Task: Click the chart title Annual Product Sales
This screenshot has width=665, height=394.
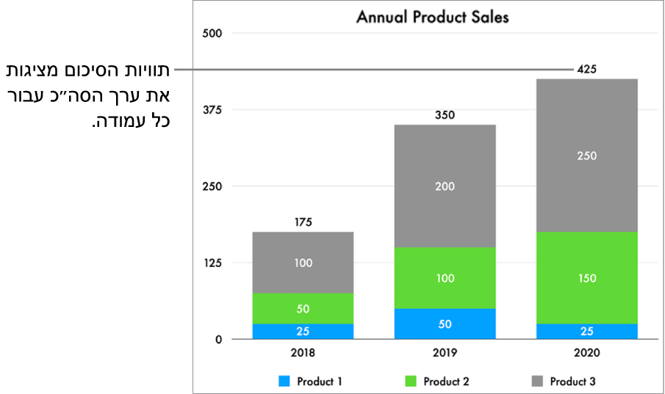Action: [432, 17]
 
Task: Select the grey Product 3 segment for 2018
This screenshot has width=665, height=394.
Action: [303, 263]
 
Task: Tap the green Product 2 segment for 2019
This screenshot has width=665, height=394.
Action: [445, 278]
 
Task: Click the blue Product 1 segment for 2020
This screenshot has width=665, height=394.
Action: [586, 331]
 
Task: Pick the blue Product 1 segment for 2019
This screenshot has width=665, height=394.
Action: [445, 324]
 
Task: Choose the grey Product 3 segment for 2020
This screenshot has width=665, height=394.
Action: [586, 156]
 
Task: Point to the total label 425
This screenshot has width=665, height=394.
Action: [586, 70]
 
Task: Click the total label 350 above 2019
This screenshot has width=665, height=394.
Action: [445, 115]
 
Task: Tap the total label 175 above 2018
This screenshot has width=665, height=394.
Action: [303, 222]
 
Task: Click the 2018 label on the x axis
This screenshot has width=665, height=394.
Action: [303, 353]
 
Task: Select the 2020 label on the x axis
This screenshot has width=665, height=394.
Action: [586, 353]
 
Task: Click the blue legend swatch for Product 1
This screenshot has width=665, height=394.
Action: [284, 382]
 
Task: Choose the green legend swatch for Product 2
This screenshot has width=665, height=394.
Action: [409, 382]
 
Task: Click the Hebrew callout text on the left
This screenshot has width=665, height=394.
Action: [88, 95]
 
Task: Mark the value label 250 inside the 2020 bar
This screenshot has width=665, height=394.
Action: [586, 156]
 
